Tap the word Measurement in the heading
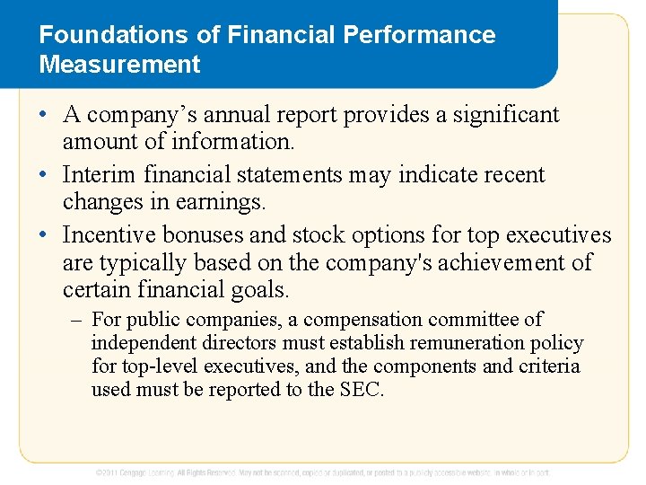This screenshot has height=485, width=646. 119,65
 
